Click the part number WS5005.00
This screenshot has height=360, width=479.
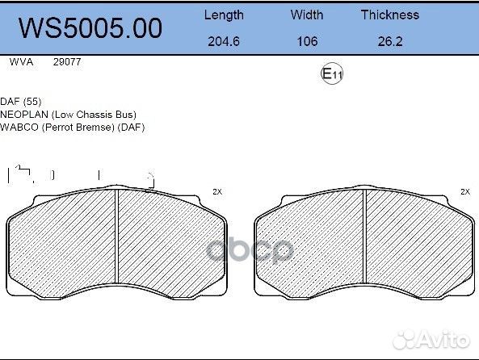pos(90,27)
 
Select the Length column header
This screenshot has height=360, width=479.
pos(223,15)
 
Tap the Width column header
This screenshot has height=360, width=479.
pos(307,15)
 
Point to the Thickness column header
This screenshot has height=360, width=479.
pos(389,15)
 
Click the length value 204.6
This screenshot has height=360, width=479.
pos(223,41)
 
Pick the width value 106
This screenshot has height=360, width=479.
pos(307,41)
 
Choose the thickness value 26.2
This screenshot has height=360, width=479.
pos(389,41)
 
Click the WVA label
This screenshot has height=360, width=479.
pos(20,61)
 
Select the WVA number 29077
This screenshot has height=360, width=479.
pos(66,61)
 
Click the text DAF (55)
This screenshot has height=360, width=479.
pos(21,103)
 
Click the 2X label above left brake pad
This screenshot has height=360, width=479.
pos(216,192)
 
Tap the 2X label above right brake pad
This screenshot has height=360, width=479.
pos(464,192)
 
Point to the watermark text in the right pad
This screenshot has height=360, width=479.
pos(250,251)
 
